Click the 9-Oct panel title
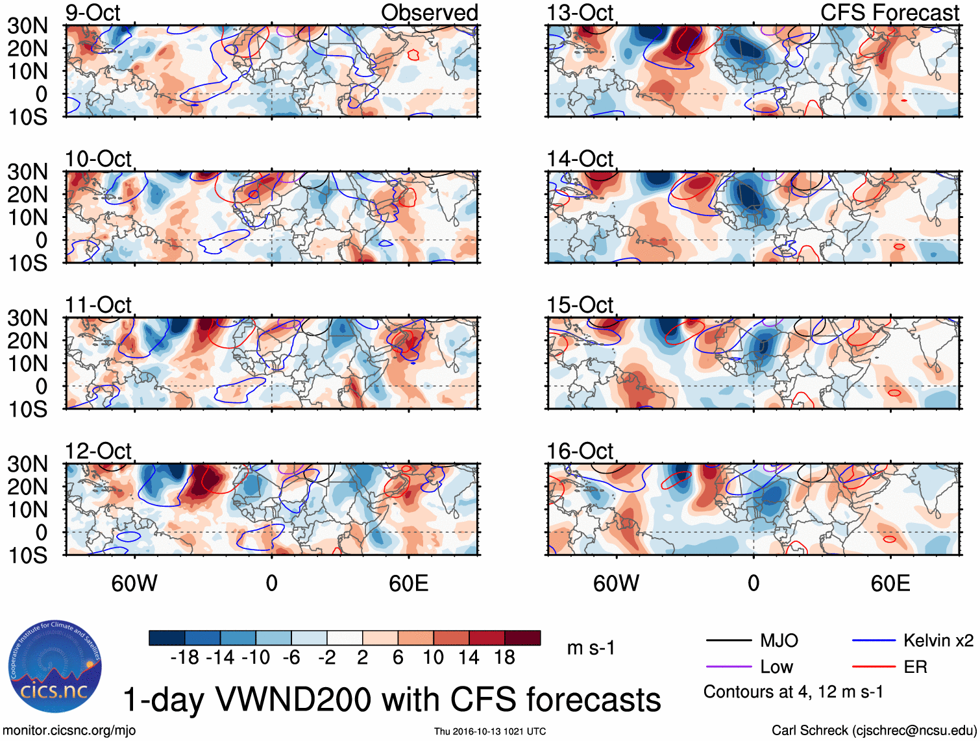[93, 12]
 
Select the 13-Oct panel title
[580, 12]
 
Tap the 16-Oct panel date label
[580, 451]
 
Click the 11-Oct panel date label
[98, 305]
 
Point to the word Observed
[429, 12]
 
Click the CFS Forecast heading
[889, 12]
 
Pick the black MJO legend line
[728, 640]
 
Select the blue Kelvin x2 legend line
[874, 640]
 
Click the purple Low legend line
[728, 667]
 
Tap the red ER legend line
[874, 667]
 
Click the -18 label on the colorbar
[185, 658]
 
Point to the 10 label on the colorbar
[433, 658]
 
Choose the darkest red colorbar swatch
[522, 638]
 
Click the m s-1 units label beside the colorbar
[591, 648]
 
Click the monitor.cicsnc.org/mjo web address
[69, 731]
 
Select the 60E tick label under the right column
[890, 583]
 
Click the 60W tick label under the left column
[134, 583]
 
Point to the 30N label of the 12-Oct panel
[27, 465]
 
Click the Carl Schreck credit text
[874, 731]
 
